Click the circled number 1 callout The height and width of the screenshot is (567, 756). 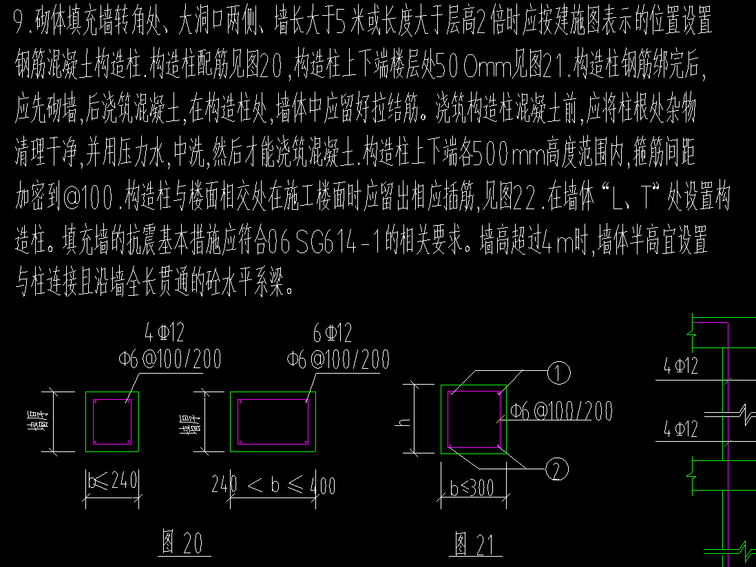coord(559,373)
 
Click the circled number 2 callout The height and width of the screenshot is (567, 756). coord(557,469)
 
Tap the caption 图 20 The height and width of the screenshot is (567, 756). coord(182,542)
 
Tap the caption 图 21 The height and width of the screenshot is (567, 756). coord(474,544)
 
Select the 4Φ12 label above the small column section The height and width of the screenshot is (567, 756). coord(165,332)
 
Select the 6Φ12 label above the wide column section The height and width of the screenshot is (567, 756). coord(333,333)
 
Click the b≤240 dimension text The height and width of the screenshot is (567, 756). coord(113,480)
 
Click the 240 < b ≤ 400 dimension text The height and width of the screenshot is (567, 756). coord(273,484)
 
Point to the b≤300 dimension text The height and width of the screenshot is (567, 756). coord(472,488)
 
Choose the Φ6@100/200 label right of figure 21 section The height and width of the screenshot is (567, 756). coord(561,411)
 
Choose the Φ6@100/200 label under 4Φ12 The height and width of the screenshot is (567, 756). coord(169,359)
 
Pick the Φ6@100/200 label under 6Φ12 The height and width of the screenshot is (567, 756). coord(338,360)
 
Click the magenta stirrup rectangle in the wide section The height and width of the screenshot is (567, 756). coord(273,399)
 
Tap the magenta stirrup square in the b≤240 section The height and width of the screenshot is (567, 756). coord(112,399)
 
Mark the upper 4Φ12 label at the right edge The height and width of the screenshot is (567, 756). coord(680,366)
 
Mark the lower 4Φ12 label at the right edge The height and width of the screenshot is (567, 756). coord(680,428)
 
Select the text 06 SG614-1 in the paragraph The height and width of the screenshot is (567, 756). coord(323,241)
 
